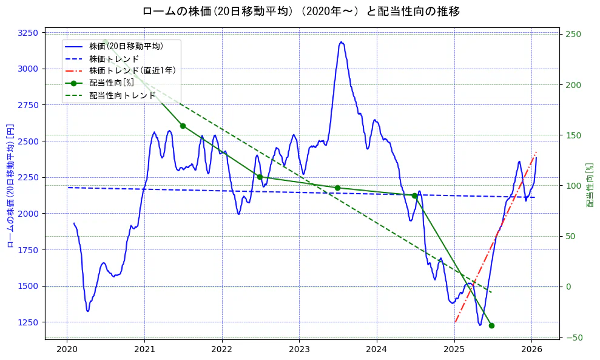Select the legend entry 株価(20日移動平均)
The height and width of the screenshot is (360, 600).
point(126,46)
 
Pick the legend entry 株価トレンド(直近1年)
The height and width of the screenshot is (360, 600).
point(132,70)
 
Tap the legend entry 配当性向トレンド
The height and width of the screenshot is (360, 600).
point(122,95)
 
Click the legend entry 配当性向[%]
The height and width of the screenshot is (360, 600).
point(111,83)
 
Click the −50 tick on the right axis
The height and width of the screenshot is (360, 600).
point(574,338)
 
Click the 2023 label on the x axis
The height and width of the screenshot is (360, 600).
point(299,350)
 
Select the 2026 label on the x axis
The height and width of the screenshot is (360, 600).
point(532,350)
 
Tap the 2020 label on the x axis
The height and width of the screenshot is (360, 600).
point(67,350)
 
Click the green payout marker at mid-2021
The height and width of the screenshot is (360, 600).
point(183,126)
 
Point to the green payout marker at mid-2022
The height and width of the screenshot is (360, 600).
point(260,177)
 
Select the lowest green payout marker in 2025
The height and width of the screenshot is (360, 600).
point(491,325)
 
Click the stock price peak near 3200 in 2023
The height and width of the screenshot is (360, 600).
point(342,42)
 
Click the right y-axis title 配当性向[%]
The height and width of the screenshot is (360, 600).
point(590,185)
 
